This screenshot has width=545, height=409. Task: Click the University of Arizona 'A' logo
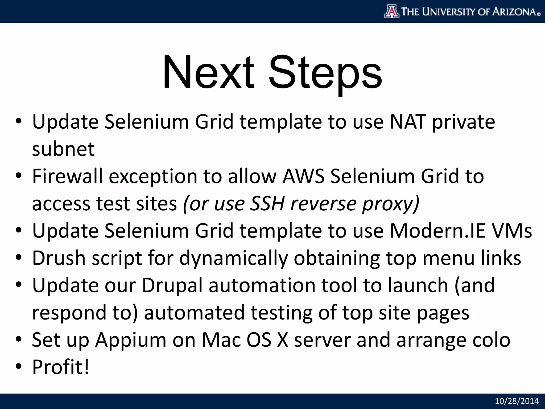pos(392,11)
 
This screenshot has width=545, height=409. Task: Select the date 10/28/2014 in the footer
pos(517,401)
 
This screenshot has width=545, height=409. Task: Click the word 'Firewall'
pos(67,176)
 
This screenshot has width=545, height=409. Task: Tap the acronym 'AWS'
pos(303,176)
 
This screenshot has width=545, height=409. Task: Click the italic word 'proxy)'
pos(391,204)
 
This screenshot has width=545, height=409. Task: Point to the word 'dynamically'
pos(234,259)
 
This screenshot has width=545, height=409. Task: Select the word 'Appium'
pos(131,340)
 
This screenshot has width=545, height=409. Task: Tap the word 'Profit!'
pos(61,367)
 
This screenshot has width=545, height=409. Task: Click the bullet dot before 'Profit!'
pos(18,367)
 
